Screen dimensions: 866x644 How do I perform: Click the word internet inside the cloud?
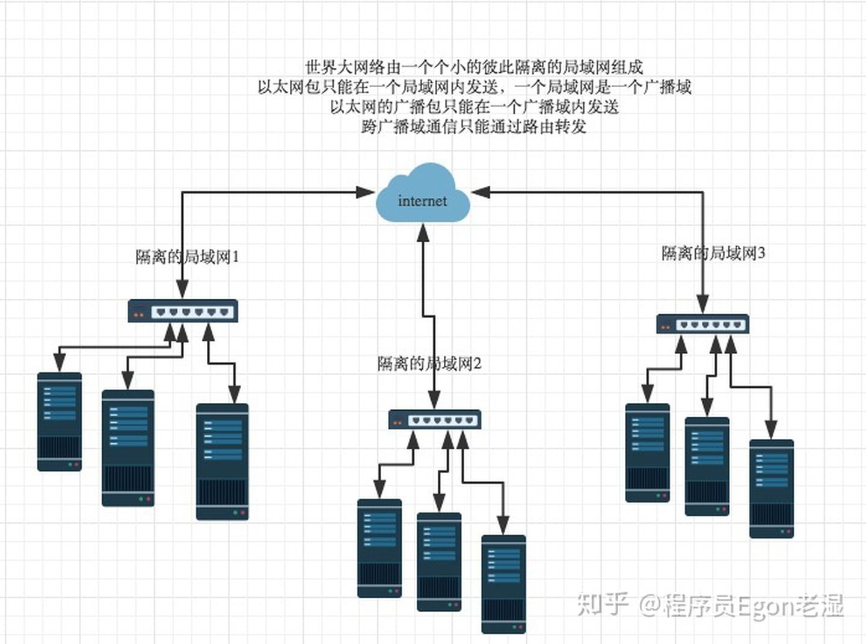[x=422, y=201]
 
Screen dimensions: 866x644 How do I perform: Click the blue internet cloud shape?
[x=423, y=192]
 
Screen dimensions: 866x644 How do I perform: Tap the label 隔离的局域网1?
[x=187, y=257]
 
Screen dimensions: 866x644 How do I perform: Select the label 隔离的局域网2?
[x=429, y=364]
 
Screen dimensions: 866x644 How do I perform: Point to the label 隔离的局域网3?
[x=713, y=253]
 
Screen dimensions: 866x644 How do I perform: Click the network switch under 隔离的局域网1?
[x=183, y=311]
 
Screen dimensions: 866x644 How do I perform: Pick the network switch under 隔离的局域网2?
[x=435, y=420]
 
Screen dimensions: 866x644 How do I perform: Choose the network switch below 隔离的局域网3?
[x=703, y=324]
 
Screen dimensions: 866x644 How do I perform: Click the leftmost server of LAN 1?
[x=60, y=422]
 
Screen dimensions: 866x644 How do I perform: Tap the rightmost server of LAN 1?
[x=222, y=462]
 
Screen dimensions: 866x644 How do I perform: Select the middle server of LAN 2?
[x=439, y=562]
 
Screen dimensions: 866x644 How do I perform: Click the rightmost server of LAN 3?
[x=772, y=489]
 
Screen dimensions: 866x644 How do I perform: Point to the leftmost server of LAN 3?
[x=648, y=453]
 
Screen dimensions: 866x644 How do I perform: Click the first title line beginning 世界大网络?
[x=474, y=67]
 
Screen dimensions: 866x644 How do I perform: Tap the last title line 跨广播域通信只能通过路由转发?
[x=474, y=126]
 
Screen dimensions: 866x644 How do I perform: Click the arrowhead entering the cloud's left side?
[x=366, y=192]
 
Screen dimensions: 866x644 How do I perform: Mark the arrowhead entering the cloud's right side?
[x=481, y=192]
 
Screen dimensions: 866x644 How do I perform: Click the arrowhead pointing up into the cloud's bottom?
[x=423, y=232]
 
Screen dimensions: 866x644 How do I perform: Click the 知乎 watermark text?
[x=603, y=604]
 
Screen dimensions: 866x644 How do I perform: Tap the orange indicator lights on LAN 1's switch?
[x=138, y=314]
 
